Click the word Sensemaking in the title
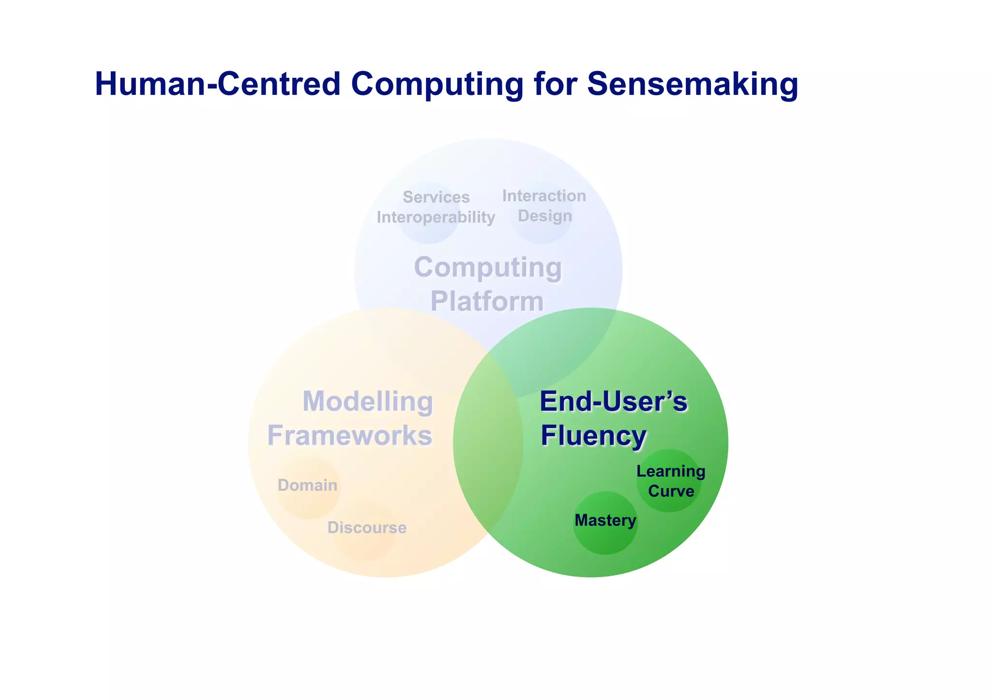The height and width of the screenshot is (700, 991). point(692,84)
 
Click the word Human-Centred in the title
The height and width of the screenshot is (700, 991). point(218,84)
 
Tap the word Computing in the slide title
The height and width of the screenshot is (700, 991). point(437,84)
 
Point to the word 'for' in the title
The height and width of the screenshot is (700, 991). point(556,84)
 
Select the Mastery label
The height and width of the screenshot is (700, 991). point(605,521)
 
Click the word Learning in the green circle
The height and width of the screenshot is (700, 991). point(670,471)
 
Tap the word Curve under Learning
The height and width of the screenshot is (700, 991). point(671,491)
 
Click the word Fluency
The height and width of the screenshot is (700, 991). point(593,435)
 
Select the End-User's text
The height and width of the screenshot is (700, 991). point(613,402)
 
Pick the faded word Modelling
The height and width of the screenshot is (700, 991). point(367,402)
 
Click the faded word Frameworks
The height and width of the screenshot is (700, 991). point(349,435)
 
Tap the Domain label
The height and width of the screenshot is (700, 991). point(307,485)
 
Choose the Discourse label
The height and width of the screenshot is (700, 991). point(367,527)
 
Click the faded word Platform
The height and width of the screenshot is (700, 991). point(487,301)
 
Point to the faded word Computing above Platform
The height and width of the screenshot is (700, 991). point(488,267)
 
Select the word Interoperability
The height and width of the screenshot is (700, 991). point(435,217)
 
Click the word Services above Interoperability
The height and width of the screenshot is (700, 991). point(436,197)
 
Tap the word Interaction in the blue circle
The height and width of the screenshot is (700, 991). point(544,195)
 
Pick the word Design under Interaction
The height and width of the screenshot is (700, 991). point(545,216)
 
